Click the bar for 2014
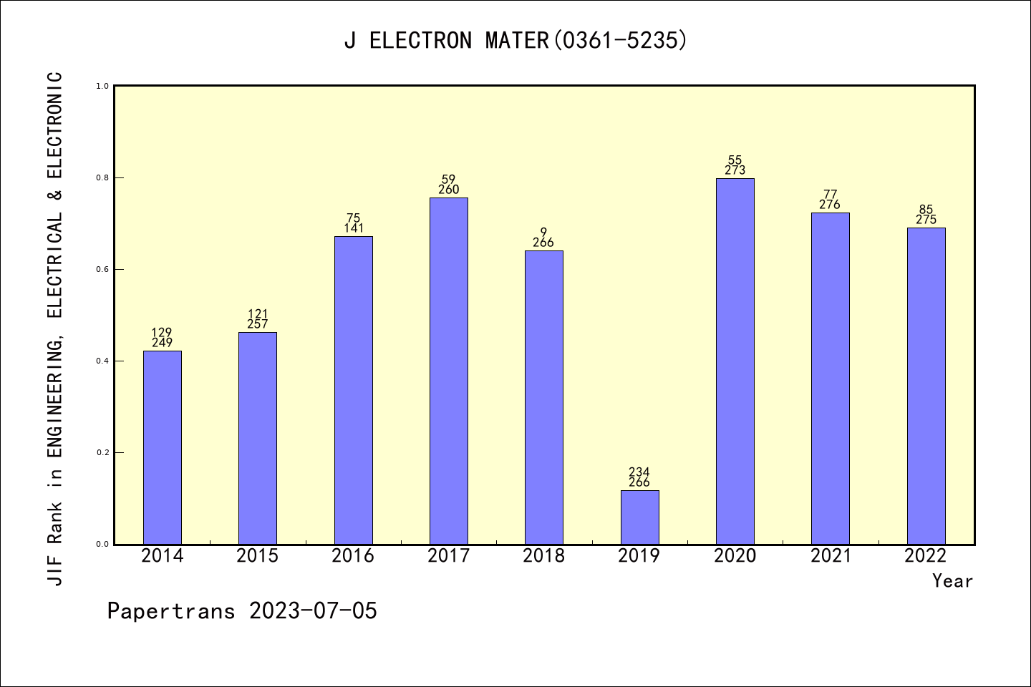coord(163,447)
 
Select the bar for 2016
coord(354,390)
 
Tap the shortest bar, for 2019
coord(639,517)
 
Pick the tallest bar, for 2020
coord(735,361)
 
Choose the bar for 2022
coord(926,386)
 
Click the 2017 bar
coord(449,371)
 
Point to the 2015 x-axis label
coord(258,556)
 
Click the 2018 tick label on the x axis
coord(544,556)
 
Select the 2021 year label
coord(831,556)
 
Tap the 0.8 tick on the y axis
coord(102,178)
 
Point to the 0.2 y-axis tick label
coord(102,453)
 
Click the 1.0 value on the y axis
coord(102,87)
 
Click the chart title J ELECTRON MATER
coord(515,41)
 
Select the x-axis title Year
coord(952,581)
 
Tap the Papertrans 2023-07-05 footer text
coord(242,611)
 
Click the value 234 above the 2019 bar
coord(639,472)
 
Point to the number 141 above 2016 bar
coord(354,228)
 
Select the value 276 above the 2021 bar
coord(830,205)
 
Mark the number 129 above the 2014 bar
coord(163,333)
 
